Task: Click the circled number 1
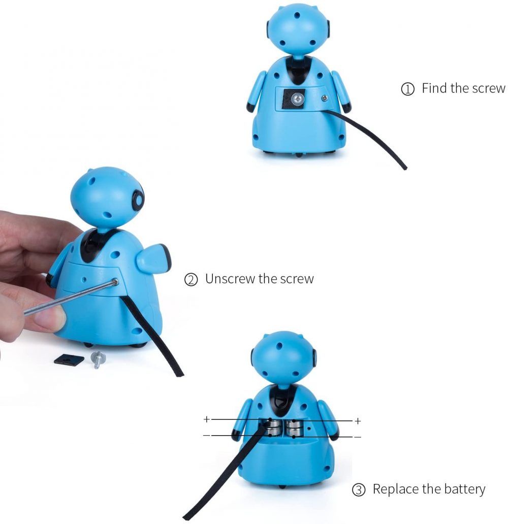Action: (407, 89)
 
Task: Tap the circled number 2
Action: (191, 280)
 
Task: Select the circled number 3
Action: (359, 490)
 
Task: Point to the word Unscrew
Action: (230, 279)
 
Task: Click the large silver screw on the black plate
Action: (297, 99)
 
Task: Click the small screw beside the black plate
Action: (324, 98)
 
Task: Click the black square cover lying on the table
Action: (69, 359)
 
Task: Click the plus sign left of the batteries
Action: (207, 419)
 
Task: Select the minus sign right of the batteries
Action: (358, 437)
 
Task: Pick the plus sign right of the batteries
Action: (358, 421)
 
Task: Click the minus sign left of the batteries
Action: (207, 436)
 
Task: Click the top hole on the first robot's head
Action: (297, 15)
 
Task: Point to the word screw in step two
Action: (297, 279)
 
